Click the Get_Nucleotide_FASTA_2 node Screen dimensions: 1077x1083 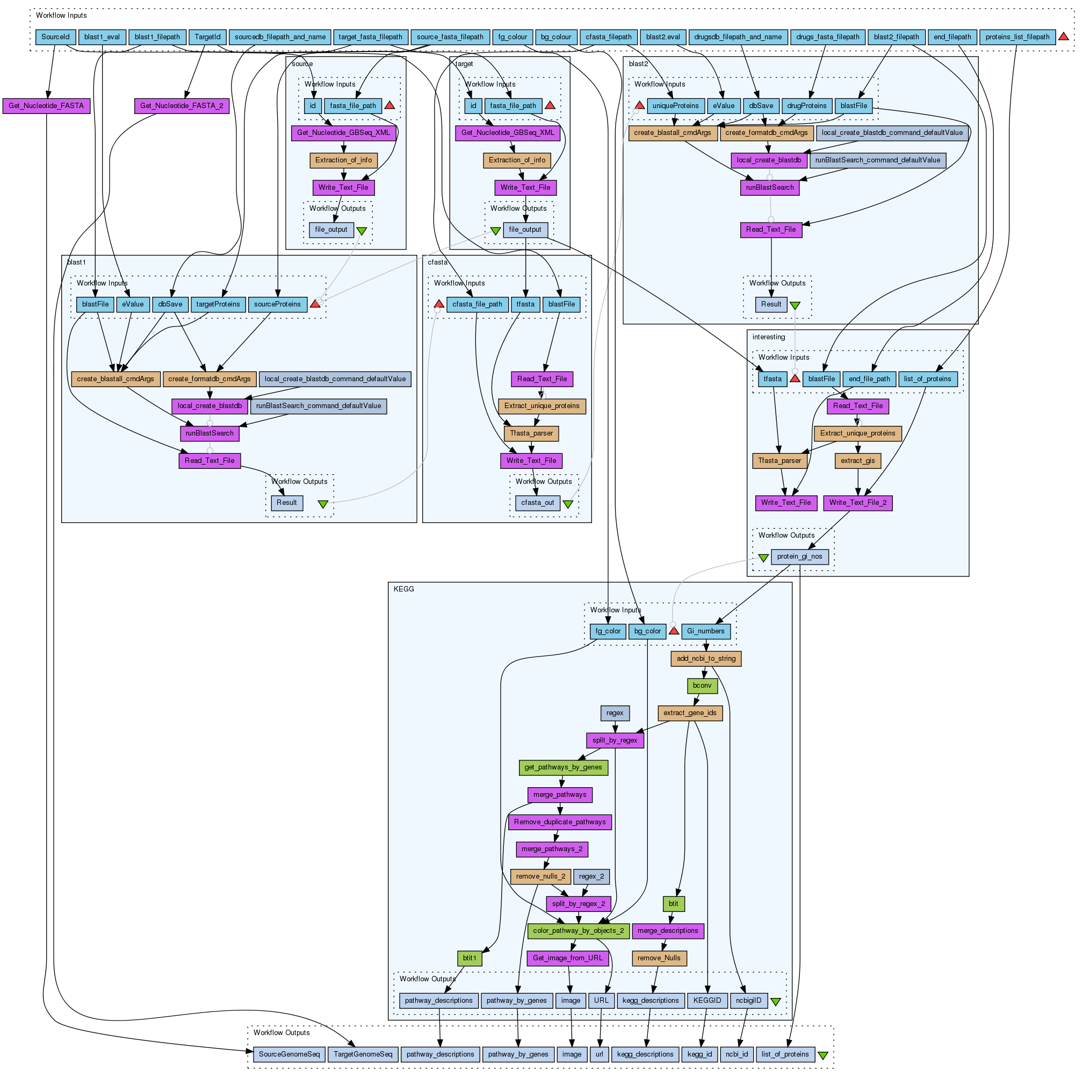pyautogui.click(x=182, y=105)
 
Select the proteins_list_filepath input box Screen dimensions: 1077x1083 pyautogui.click(x=1017, y=37)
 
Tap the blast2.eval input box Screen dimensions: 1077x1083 pyautogui.click(x=662, y=37)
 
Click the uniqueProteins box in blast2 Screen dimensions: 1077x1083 pyautogui.click(x=675, y=105)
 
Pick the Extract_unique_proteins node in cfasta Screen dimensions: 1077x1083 pyautogui.click(x=541, y=405)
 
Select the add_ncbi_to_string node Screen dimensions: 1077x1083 pyautogui.click(x=706, y=658)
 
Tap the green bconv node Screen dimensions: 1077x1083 pyautogui.click(x=702, y=686)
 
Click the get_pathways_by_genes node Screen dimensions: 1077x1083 pyautogui.click(x=563, y=767)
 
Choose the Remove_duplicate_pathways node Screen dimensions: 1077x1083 pyautogui.click(x=559, y=822)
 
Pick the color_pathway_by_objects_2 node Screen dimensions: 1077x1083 pyautogui.click(x=578, y=931)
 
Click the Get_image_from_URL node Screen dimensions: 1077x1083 pyautogui.click(x=567, y=958)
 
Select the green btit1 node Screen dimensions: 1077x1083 pyautogui.click(x=469, y=958)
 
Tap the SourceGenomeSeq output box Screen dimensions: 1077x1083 pyautogui.click(x=288, y=1054)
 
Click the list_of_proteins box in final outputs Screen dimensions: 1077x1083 pyautogui.click(x=785, y=1054)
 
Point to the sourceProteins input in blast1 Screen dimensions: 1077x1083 pyautogui.click(x=278, y=304)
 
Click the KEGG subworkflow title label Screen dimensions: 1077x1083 pyautogui.click(x=403, y=589)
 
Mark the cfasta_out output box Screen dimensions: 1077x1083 pyautogui.click(x=537, y=502)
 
